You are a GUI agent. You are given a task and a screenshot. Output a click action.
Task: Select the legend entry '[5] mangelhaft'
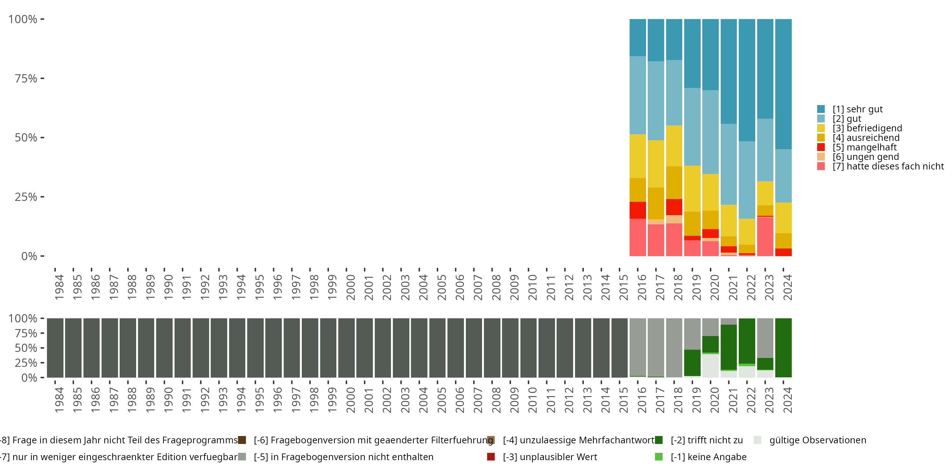(x=864, y=147)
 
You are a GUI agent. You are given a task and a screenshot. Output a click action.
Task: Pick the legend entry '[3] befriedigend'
(x=867, y=128)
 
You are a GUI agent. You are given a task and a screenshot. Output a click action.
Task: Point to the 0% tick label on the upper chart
(x=29, y=256)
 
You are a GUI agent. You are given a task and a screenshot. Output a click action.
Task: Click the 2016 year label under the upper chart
(x=642, y=287)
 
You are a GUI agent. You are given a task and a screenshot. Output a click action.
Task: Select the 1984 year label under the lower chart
(x=59, y=400)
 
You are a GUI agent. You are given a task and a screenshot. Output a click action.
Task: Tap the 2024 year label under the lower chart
(x=788, y=400)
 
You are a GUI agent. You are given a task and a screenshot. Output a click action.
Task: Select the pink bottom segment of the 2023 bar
(x=765, y=236)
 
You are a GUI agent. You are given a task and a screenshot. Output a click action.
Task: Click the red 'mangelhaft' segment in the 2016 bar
(x=638, y=210)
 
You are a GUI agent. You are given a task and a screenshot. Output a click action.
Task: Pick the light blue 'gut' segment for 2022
(x=747, y=180)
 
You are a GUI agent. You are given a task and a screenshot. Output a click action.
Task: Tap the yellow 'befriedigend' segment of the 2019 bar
(x=692, y=188)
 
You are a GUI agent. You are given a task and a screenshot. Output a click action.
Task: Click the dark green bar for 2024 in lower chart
(x=783, y=347)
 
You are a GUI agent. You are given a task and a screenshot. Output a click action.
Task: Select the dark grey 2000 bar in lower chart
(x=346, y=347)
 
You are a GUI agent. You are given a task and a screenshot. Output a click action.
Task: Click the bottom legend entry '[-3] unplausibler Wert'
(x=550, y=457)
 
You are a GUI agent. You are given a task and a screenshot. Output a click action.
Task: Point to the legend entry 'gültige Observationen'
(x=817, y=440)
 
